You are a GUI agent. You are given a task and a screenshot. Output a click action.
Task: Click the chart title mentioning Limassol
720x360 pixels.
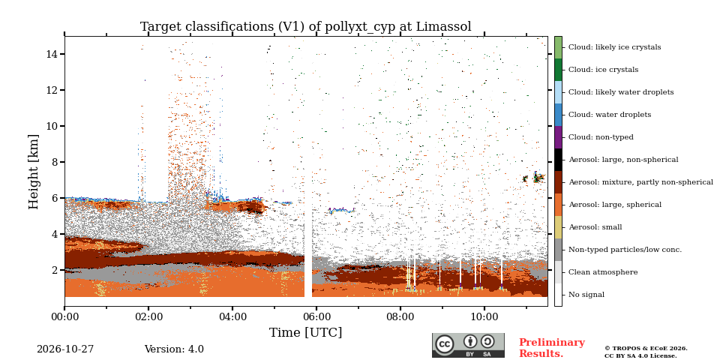(306, 27)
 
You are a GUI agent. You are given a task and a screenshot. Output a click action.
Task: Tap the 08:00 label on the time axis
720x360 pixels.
(400, 316)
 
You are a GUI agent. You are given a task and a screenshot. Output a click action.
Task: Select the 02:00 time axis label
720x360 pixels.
(148, 316)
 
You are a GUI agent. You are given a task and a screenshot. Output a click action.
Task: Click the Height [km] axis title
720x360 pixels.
(34, 172)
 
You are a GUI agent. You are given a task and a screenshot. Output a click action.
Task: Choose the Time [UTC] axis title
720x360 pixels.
(306, 332)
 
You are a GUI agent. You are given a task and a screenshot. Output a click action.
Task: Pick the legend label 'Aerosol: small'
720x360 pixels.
(595, 227)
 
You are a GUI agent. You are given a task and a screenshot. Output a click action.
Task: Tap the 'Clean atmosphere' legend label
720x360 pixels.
(603, 272)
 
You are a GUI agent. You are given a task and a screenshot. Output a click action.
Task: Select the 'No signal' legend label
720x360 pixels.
(586, 295)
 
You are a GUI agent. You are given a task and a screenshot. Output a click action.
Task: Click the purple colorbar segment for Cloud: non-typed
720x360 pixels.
(558, 137)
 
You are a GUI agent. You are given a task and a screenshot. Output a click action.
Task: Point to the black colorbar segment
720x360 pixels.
(558, 160)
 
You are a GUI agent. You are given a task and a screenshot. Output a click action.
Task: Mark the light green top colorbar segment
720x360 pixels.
(558, 47)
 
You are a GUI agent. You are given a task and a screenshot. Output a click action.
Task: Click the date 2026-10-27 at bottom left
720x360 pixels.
(65, 349)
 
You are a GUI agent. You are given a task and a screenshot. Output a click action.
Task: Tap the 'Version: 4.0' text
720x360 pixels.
(174, 349)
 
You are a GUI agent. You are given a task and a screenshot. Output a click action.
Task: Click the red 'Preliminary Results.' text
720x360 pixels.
(552, 348)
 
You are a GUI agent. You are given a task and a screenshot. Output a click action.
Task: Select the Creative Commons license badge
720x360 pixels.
(468, 345)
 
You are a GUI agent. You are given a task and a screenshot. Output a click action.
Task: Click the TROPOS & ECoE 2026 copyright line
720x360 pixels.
(646, 349)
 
